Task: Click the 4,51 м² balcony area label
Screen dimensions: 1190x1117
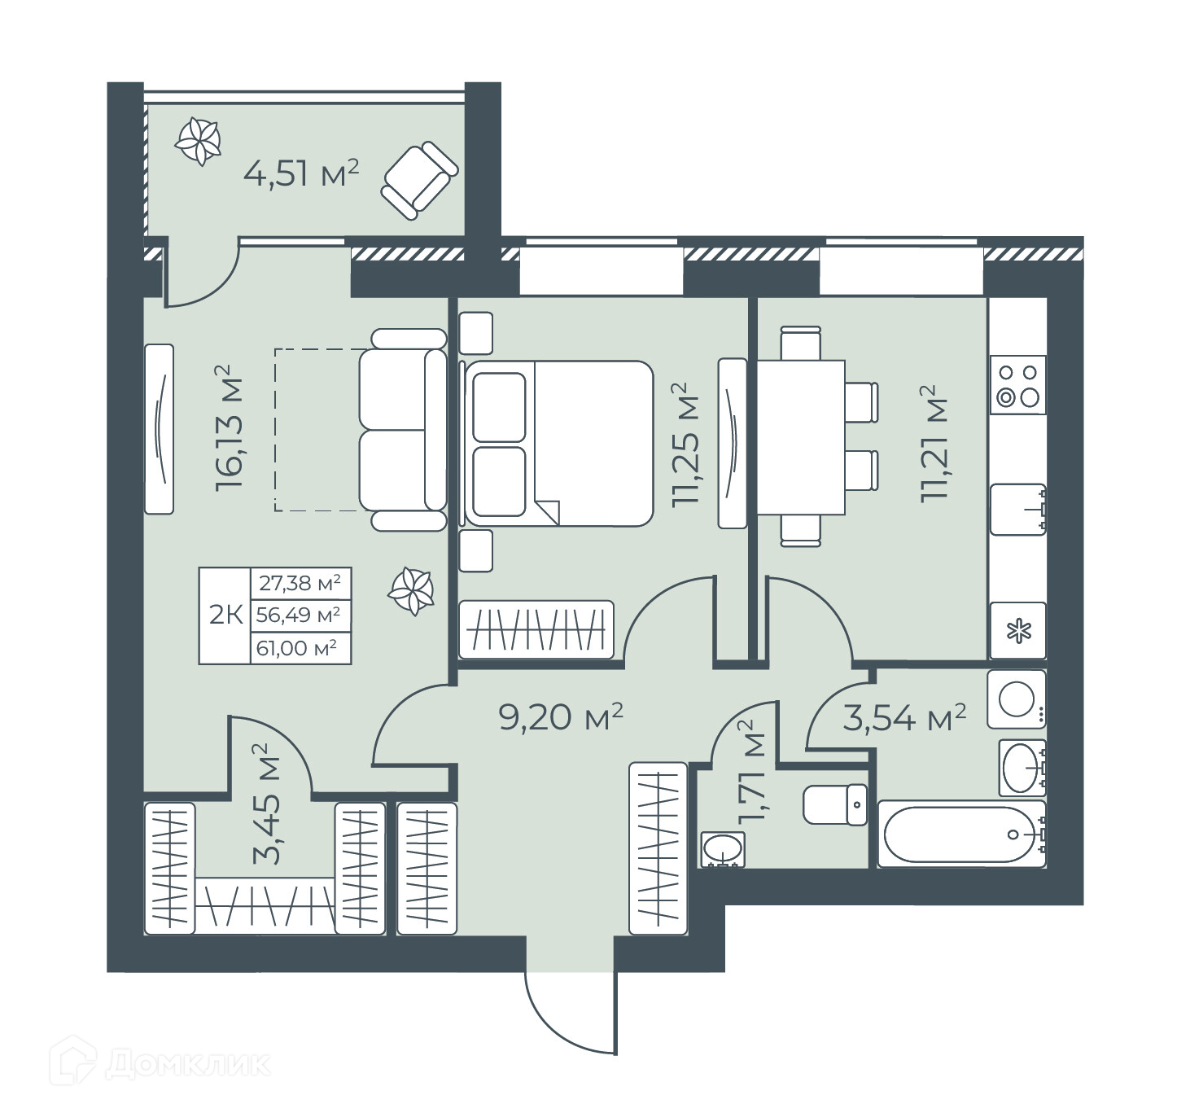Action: pos(301,174)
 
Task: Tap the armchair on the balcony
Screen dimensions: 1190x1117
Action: pos(420,180)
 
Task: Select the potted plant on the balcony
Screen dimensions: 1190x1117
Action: pos(197,142)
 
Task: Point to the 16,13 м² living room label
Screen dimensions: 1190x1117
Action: pos(230,427)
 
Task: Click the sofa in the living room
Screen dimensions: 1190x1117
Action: pos(403,429)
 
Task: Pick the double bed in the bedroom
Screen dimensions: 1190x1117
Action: pos(557,444)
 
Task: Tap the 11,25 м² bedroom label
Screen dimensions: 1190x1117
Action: pos(685,445)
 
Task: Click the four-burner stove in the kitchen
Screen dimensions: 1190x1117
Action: pos(1018,385)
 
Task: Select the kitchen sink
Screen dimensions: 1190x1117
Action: pos(1018,509)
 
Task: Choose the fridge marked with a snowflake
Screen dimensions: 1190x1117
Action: pos(1018,630)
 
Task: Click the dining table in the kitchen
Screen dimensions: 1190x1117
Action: pos(801,437)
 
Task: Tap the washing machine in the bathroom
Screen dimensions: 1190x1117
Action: pos(1017,699)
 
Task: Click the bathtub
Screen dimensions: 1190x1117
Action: pos(961,834)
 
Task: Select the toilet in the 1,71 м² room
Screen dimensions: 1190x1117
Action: pos(834,804)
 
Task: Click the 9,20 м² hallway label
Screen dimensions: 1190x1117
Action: pos(561,717)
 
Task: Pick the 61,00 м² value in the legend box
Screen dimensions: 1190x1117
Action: pos(296,648)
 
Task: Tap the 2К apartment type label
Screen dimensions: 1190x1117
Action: pos(225,615)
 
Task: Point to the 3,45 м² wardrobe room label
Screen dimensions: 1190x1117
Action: pos(267,804)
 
